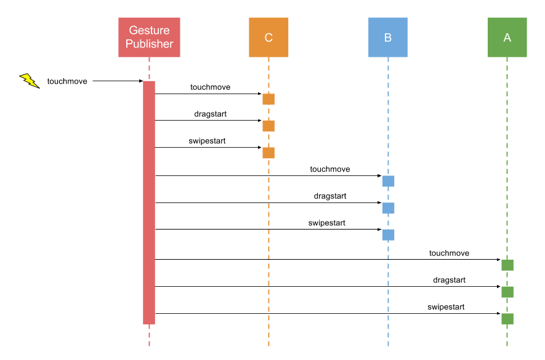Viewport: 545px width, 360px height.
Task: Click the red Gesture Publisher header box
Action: click(x=149, y=37)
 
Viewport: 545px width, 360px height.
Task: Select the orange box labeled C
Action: click(x=268, y=37)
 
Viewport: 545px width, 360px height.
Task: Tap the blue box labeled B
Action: click(x=388, y=37)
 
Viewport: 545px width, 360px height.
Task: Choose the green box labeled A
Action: click(x=507, y=37)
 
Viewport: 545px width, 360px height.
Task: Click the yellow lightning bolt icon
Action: click(x=29, y=80)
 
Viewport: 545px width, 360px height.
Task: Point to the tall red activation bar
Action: click(x=149, y=202)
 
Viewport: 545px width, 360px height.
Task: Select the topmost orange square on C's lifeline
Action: click(x=268, y=99)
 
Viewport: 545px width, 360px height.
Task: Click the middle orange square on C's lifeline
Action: click(x=268, y=126)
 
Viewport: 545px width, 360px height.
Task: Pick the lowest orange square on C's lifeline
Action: click(x=268, y=153)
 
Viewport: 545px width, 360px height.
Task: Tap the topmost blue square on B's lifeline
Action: click(x=388, y=181)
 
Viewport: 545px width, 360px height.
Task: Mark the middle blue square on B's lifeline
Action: click(x=388, y=208)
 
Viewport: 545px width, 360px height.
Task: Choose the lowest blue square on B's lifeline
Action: click(x=388, y=235)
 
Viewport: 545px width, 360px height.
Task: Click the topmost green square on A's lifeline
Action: click(x=507, y=265)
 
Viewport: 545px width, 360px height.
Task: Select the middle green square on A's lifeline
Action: click(x=507, y=292)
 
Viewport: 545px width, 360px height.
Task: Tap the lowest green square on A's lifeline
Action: click(x=507, y=319)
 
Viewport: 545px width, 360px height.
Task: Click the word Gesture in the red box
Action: click(x=149, y=30)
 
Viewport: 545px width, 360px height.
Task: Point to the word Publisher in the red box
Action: click(x=149, y=44)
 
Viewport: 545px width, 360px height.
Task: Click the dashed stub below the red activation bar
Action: click(x=149, y=335)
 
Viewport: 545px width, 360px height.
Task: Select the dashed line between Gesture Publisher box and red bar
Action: click(x=149, y=69)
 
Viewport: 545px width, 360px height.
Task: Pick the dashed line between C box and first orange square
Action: click(x=268, y=75)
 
